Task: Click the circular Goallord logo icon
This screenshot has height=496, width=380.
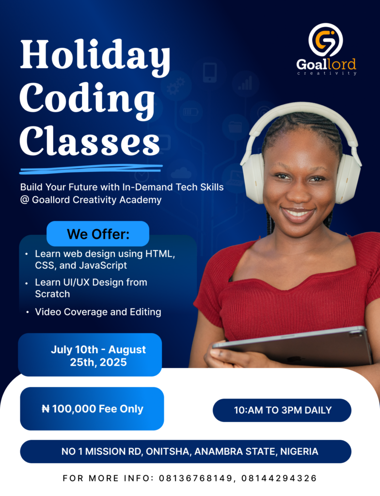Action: tap(326, 40)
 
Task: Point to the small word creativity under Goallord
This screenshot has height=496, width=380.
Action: tap(327, 74)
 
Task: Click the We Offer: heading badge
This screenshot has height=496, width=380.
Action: tap(98, 234)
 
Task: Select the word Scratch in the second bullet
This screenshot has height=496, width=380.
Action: tap(52, 294)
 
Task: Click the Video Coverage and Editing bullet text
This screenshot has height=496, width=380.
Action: tap(98, 312)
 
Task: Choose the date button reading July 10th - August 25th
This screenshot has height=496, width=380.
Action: tap(90, 355)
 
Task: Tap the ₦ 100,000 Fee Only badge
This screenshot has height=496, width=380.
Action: tap(92, 409)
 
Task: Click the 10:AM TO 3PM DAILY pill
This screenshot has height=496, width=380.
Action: tap(282, 410)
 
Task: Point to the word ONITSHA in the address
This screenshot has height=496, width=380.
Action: tap(169, 451)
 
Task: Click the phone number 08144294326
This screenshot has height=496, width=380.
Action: tap(279, 478)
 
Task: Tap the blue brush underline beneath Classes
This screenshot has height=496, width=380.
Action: tap(91, 169)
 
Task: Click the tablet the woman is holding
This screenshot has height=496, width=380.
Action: tap(293, 346)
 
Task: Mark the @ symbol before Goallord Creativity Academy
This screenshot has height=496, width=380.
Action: tap(24, 200)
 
